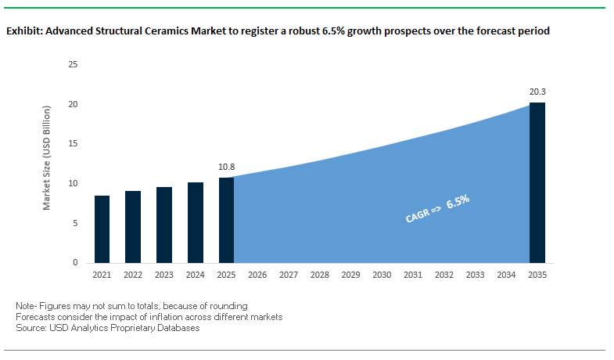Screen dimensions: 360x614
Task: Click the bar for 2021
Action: [102, 229]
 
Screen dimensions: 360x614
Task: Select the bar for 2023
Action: [163, 225]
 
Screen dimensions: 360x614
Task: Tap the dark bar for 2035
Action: [537, 183]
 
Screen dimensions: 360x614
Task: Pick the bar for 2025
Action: [226, 220]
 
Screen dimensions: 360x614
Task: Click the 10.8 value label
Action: [226, 167]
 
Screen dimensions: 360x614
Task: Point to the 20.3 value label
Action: [537, 92]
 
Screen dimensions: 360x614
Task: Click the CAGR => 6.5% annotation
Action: [437, 210]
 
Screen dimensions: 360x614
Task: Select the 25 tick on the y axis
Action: [73, 64]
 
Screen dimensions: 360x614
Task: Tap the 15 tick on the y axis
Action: [73, 144]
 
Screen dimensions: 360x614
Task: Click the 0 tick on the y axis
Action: [75, 263]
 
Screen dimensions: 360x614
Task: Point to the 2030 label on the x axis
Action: [382, 275]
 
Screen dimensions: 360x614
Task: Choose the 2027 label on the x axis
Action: [289, 275]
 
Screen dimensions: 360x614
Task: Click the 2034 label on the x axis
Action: [506, 275]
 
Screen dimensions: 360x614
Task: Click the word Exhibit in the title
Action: [24, 31]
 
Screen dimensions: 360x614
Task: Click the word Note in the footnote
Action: [26, 305]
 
